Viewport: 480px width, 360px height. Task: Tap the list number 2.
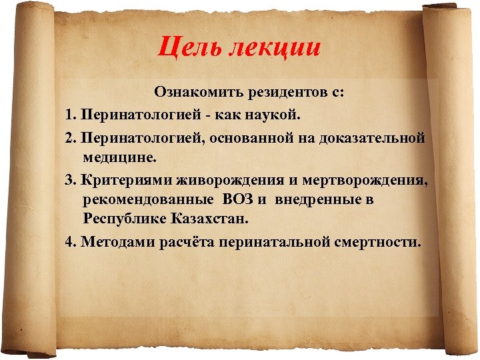pos(70,138)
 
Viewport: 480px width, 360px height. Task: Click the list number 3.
pos(70,179)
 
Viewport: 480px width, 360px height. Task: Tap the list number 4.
pos(70,241)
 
